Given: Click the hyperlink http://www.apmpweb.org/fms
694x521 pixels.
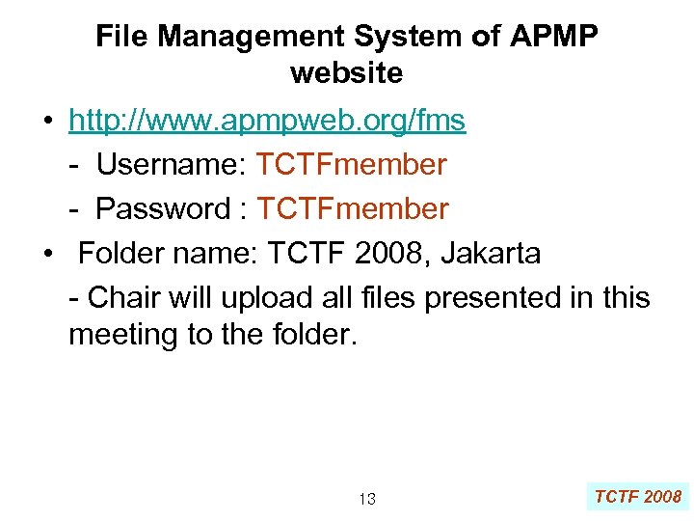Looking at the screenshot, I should (267, 121).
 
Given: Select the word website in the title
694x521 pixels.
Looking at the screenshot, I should (346, 72).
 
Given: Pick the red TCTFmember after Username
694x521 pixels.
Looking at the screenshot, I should (351, 165).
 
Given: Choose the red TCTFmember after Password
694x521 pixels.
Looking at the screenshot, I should (353, 208).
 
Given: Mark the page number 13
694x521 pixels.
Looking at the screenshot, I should (366, 499).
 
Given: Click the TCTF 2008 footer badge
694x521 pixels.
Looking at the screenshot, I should (637, 497).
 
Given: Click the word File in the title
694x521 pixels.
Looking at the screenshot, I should (122, 37).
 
